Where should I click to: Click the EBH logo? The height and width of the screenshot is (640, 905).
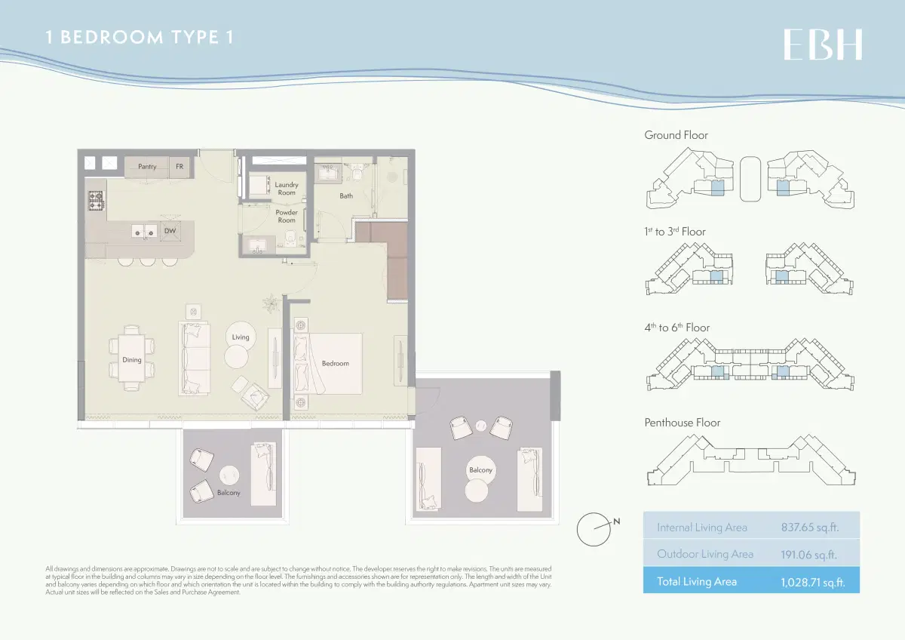point(823,45)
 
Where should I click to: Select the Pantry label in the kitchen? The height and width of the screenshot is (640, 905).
point(147,167)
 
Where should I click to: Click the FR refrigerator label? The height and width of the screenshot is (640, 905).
point(179,167)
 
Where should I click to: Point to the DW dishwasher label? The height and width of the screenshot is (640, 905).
point(170,232)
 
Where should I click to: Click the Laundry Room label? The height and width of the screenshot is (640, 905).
point(287,189)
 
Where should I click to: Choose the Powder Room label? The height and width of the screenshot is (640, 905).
point(287,217)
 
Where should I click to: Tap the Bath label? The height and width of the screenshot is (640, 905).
point(346,196)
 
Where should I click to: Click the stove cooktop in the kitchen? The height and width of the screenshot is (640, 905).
point(97,201)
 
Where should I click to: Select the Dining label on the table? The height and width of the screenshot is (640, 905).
point(132,360)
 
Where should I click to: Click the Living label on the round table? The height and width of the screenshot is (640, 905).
point(241,337)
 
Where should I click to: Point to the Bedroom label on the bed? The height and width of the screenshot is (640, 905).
point(336,364)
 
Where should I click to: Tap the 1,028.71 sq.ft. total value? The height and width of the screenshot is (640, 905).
point(809,582)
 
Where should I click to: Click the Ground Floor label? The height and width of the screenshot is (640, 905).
point(676,135)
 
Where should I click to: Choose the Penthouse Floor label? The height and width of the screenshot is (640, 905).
point(682,423)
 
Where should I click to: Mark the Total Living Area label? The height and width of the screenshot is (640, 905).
point(697,581)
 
